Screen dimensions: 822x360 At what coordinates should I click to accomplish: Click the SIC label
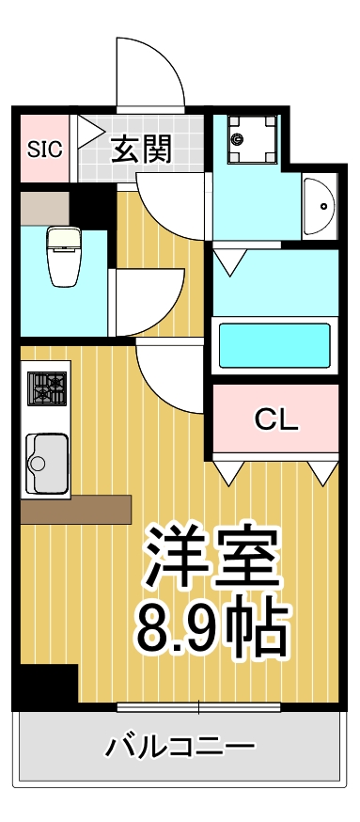tap(43, 149)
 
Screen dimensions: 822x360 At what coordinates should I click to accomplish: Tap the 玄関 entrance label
tap(142, 149)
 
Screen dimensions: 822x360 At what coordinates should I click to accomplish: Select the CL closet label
tap(275, 419)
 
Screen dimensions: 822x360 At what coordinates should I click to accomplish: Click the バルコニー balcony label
tap(180, 749)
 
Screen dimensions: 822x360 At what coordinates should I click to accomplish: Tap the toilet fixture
tap(66, 257)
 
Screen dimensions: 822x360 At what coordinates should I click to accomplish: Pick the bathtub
tap(274, 346)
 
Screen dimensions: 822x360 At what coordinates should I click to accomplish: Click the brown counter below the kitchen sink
tap(75, 509)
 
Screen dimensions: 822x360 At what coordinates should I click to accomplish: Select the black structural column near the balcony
tap(47, 685)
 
